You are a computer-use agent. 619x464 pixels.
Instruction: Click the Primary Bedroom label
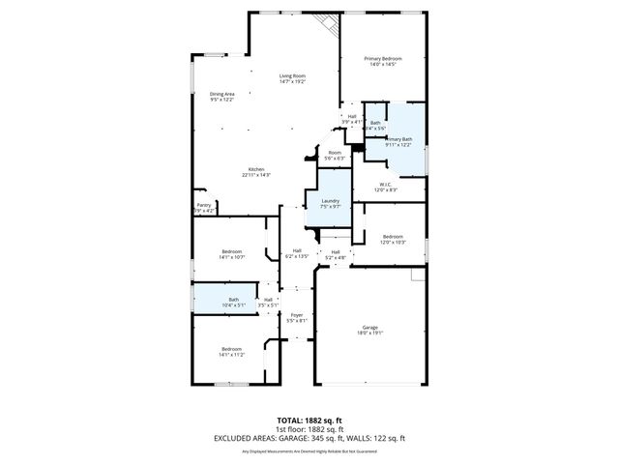(x=382, y=62)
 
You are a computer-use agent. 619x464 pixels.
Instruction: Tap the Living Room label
(x=292, y=78)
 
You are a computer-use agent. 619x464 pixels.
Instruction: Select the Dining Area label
(x=222, y=96)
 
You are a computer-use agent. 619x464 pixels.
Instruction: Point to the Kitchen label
(x=256, y=171)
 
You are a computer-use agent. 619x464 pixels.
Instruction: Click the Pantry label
(x=203, y=207)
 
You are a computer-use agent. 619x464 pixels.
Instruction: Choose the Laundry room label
(x=330, y=203)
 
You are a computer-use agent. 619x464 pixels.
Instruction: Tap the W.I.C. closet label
(x=386, y=187)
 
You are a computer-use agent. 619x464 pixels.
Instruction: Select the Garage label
(x=370, y=330)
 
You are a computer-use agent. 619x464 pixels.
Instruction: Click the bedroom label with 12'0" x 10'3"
(x=392, y=238)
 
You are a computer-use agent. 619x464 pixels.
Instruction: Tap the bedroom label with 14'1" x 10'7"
(x=231, y=254)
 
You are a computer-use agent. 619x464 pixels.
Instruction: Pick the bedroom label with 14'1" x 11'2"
(x=231, y=351)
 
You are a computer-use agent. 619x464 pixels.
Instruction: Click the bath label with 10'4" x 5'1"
(x=233, y=302)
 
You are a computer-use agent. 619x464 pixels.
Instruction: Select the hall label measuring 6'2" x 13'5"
(x=297, y=253)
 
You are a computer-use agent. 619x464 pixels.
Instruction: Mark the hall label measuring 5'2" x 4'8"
(x=335, y=254)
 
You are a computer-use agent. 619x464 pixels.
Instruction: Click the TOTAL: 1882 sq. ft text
(x=309, y=420)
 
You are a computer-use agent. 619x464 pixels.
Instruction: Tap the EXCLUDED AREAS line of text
(x=309, y=439)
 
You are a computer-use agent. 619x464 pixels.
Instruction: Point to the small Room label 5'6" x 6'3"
(x=335, y=155)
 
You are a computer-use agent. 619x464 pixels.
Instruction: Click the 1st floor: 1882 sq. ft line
(x=309, y=430)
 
